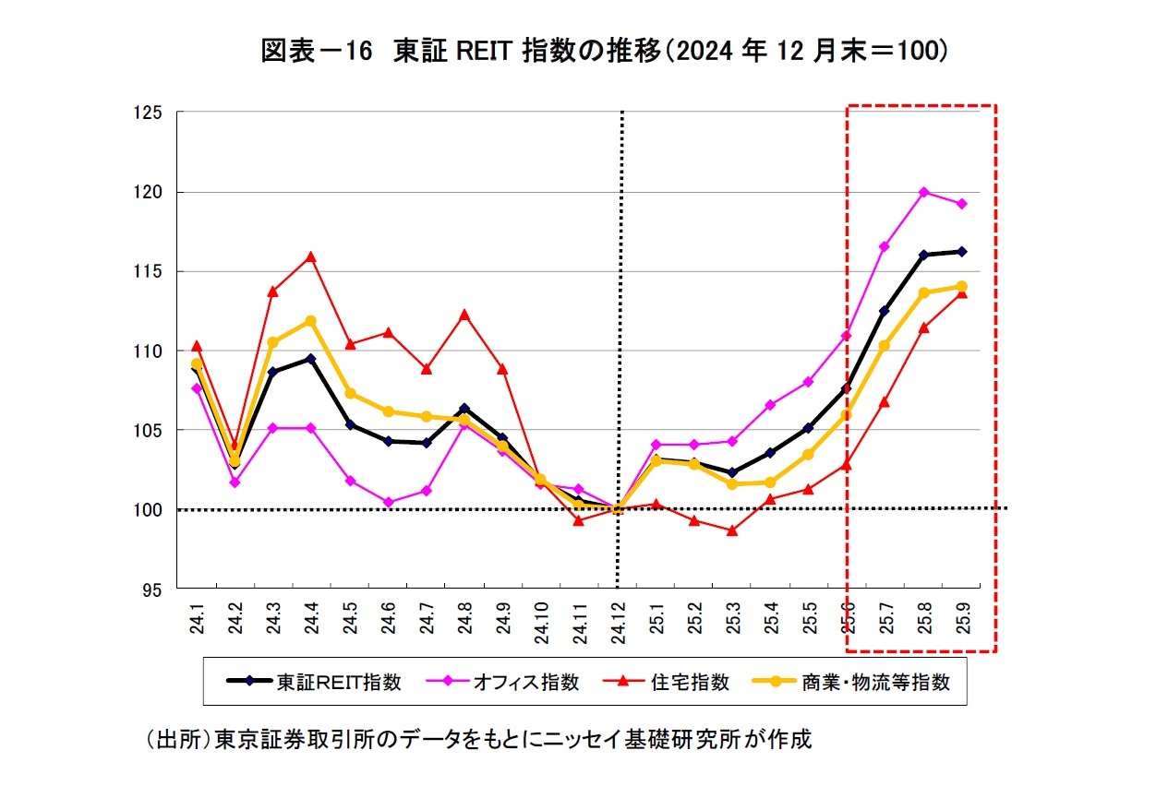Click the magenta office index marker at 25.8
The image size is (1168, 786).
[x=923, y=192]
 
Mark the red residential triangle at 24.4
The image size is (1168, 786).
[x=311, y=256]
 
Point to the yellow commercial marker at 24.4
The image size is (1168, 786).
[x=311, y=321]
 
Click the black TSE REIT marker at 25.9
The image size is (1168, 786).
[x=961, y=251]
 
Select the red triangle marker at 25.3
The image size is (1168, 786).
[x=732, y=530]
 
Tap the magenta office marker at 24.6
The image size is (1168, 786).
[x=388, y=503]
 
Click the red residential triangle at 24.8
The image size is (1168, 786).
[x=464, y=314]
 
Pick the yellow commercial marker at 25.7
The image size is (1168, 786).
[x=885, y=346]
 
